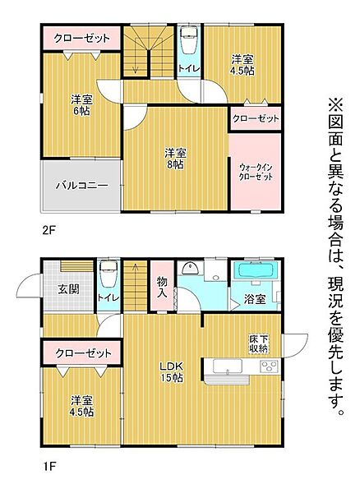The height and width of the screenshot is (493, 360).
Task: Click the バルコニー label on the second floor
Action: tap(82, 186)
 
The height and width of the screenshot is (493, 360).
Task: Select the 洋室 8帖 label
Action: tap(173, 158)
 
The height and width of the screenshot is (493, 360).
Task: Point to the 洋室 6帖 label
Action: tap(80, 105)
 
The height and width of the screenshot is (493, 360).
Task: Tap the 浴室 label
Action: tap(254, 299)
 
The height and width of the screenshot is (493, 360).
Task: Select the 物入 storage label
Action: tap(163, 287)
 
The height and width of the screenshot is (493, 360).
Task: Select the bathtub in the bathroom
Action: tap(257, 274)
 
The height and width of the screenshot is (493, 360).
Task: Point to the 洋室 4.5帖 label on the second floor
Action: tap(242, 64)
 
